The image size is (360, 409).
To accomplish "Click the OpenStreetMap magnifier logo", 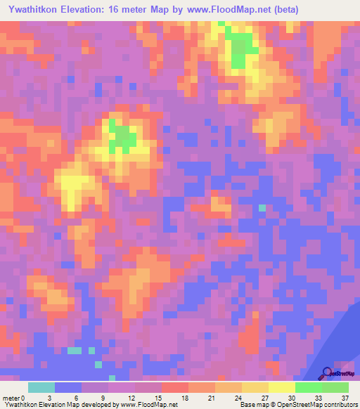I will pos(328,374).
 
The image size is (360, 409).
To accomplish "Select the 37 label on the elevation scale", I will pos(345,397).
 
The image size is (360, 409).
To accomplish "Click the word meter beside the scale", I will pos(12,397).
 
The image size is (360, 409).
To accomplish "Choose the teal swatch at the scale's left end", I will pos(41,387).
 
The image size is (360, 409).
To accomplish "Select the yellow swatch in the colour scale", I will pos(282,387).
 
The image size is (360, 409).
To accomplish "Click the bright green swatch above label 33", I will pos(309,387).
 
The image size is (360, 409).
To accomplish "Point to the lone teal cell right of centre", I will pos(262,207).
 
